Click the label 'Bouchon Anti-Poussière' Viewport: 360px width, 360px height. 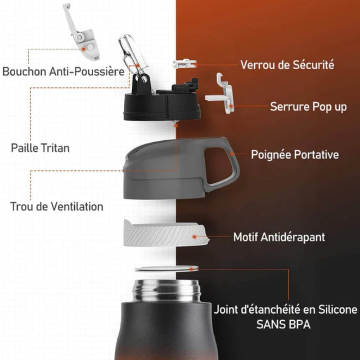63,72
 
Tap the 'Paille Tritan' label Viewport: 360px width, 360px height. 40,148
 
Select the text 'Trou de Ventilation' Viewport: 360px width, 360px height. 57,207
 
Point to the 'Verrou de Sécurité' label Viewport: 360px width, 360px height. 287,65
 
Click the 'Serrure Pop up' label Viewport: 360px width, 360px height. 308,107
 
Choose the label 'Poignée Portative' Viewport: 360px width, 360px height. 295,154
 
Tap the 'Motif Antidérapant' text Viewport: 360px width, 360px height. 279,237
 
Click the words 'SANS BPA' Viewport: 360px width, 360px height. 283,324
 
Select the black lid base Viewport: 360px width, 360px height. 162,106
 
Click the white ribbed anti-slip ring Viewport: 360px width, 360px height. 166,234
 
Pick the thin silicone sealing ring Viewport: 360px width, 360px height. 166,269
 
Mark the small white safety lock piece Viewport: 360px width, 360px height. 185,64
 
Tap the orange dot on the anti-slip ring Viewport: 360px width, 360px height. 194,237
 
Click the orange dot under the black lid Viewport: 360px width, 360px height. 176,126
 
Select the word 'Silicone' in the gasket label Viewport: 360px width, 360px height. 337,310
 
